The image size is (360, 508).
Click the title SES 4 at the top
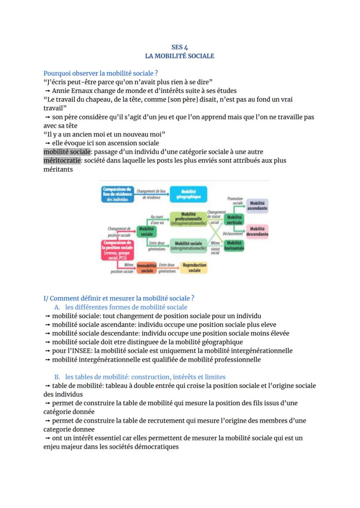[x=180, y=47]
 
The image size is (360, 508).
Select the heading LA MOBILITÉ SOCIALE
[x=180, y=56]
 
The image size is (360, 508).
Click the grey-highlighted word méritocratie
[x=62, y=160]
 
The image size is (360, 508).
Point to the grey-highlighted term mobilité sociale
[x=67, y=152]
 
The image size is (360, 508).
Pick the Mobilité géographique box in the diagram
[x=189, y=194]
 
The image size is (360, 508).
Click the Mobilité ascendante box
[x=257, y=206]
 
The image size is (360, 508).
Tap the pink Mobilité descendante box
[x=257, y=231]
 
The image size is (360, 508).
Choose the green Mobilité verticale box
[x=235, y=219]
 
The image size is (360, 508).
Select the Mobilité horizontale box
[x=234, y=246]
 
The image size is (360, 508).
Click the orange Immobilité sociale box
[x=147, y=268]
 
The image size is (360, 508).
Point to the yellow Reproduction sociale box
[x=194, y=267]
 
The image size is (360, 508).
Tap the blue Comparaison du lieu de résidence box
[x=117, y=194]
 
